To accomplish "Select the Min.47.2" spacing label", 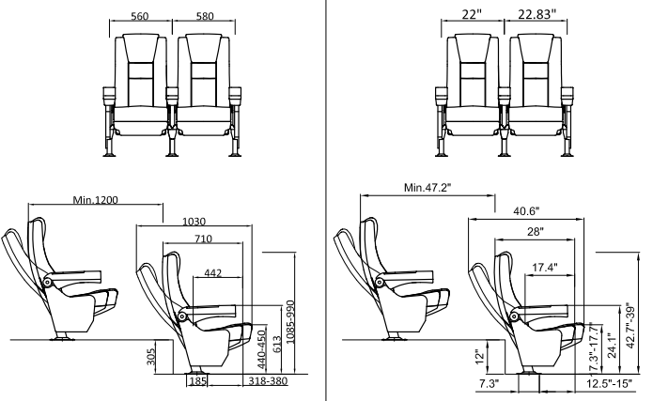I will point(428,187).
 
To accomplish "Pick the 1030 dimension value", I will point(194,221).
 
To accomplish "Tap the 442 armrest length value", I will point(212,273).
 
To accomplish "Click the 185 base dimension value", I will point(197,381).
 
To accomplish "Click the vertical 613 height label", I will point(276,346).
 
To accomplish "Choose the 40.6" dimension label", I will point(525,211).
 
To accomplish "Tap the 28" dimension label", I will point(535,231).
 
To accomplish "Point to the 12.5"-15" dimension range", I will point(608,385).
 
